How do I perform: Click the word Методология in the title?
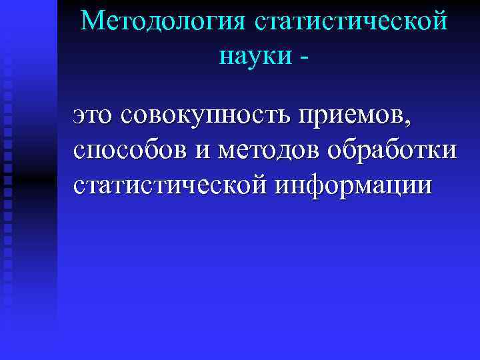click(162, 21)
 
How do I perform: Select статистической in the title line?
click(351, 21)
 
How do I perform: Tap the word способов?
click(131, 151)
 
